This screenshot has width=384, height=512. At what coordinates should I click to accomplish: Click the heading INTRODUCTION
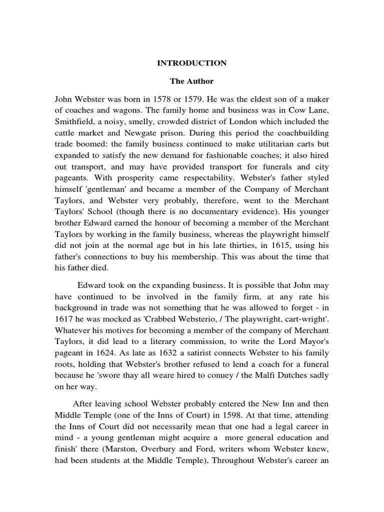192,63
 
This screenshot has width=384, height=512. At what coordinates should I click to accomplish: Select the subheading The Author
192,80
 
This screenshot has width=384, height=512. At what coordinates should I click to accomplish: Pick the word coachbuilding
302,134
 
